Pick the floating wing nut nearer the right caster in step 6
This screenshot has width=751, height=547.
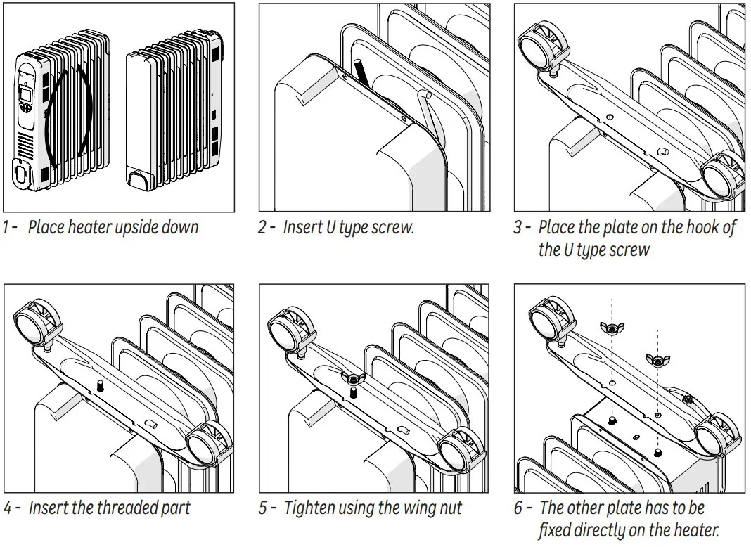tap(657, 360)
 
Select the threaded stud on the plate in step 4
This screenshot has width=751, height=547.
tap(100, 386)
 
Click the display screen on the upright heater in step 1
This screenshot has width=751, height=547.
tap(27, 96)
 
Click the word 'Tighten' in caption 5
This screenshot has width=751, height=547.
tap(308, 508)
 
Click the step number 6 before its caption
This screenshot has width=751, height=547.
tap(519, 508)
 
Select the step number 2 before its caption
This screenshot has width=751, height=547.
tap(262, 228)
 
